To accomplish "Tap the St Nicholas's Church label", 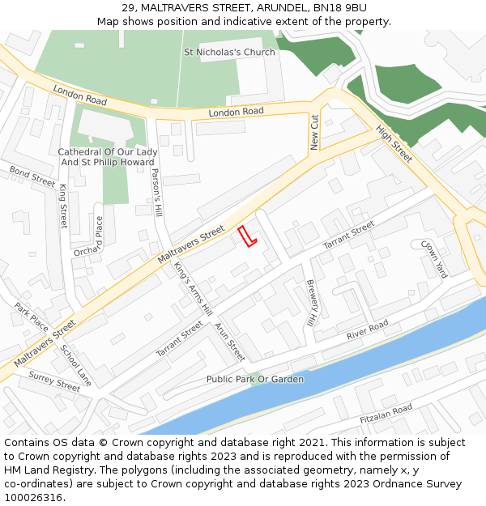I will [x=229, y=53].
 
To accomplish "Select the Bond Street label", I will [x=32, y=176].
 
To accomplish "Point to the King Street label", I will [x=64, y=205].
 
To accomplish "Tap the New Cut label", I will [x=315, y=132].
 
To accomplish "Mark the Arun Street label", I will [x=229, y=342].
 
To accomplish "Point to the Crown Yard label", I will [x=434, y=258].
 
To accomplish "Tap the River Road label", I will [x=368, y=330].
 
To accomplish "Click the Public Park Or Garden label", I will [x=255, y=379].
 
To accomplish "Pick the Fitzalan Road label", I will [x=386, y=414].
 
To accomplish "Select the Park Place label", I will [x=32, y=317].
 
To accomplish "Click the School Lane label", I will [x=76, y=364].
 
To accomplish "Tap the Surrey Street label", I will [x=54, y=381].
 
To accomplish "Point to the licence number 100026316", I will [x=35, y=497].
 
